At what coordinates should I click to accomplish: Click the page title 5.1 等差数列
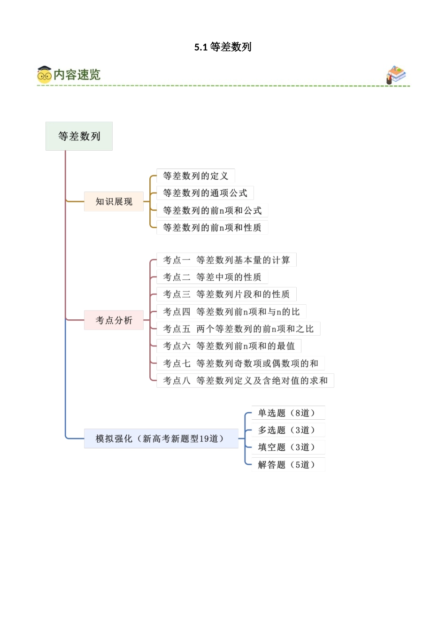pos(223,47)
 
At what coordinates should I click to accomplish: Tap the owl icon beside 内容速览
pos(44,75)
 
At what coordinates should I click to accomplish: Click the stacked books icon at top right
pos(396,75)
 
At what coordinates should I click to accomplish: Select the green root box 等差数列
pos(79,136)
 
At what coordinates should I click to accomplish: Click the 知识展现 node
pos(114,201)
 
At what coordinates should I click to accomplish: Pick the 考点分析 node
pos(114,320)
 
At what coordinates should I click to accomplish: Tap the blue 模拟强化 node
pos(161,439)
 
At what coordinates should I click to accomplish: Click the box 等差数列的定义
pos(195,176)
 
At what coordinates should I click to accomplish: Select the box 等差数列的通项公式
pos(205,193)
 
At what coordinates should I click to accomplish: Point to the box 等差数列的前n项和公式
pos(212,210)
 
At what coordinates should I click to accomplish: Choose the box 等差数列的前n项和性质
pos(212,228)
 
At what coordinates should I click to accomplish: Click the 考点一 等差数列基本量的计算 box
pos(226,260)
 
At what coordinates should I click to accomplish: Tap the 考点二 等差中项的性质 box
pos(212,277)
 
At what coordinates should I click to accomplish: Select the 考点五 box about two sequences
pos(238,329)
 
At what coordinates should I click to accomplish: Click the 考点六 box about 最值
pos(229,346)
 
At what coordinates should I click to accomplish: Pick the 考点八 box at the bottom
pos(245,380)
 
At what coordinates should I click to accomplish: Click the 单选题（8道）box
pos(287,413)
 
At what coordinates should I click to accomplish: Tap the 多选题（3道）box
pos(287,430)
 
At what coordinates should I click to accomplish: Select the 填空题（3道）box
pos(287,447)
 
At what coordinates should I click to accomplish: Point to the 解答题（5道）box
pos(287,465)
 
